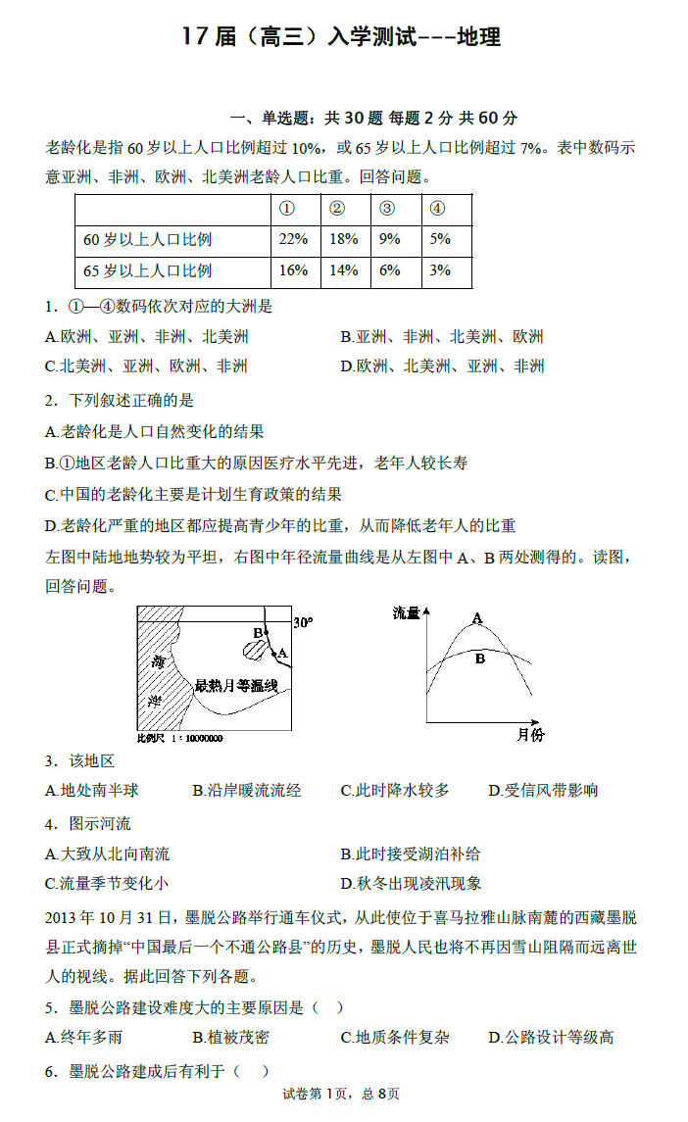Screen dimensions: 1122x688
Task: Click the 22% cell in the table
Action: pyautogui.click(x=294, y=239)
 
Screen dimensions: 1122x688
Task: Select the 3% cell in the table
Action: pyautogui.click(x=440, y=270)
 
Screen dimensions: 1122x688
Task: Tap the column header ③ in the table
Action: pyautogui.click(x=387, y=209)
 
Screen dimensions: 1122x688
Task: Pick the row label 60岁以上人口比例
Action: pyautogui.click(x=148, y=239)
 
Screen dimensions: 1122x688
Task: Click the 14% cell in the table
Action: pyautogui.click(x=344, y=270)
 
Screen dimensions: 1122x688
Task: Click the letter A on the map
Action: pyautogui.click(x=282, y=653)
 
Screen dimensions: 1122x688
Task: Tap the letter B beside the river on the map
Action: pyautogui.click(x=258, y=633)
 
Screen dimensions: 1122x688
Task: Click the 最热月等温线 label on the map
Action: pyautogui.click(x=237, y=685)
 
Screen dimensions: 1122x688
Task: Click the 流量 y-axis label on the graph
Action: pyautogui.click(x=406, y=613)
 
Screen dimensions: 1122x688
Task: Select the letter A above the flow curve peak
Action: pyautogui.click(x=477, y=618)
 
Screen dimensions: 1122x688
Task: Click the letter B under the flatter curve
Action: pyautogui.click(x=480, y=659)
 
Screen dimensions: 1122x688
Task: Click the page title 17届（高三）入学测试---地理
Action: pyautogui.click(x=342, y=37)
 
